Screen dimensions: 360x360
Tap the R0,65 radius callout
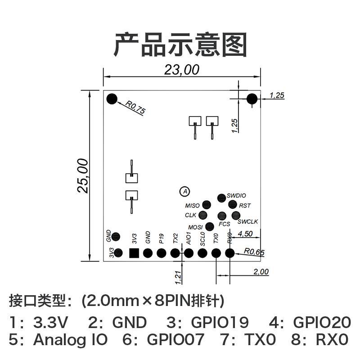coord(254,252)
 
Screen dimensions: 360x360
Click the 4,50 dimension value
coord(246,234)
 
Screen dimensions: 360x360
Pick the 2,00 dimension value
coord(261,272)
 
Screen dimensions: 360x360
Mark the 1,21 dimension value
coord(179,277)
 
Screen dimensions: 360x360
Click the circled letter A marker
coord(184,192)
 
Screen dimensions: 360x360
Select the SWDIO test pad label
coord(236,195)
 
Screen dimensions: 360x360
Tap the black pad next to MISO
coord(207,206)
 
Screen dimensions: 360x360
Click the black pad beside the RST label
coord(233,205)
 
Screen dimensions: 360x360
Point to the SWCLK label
coord(247,221)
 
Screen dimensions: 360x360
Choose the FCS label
coord(224,224)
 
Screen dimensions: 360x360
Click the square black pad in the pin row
coord(134,253)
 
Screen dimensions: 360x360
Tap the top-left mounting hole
coord(111,99)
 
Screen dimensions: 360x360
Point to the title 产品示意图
coord(180,44)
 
